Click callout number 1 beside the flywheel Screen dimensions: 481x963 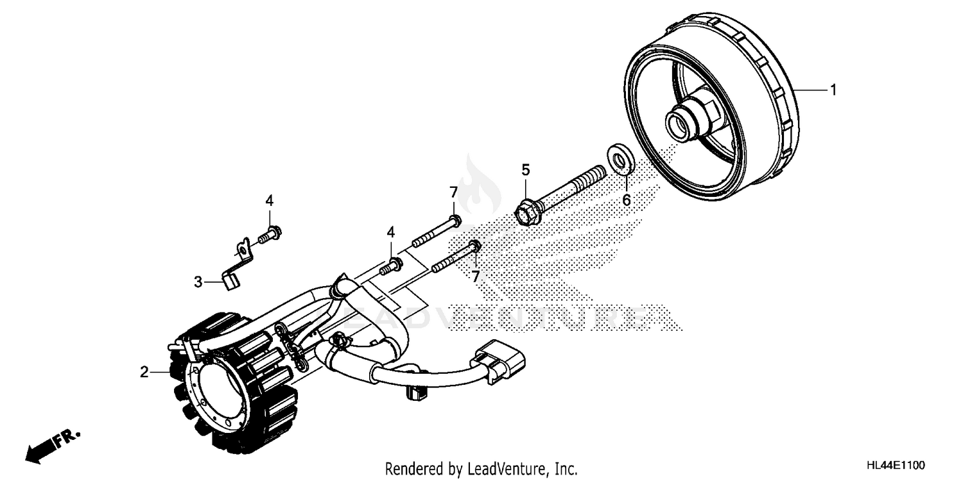point(833,91)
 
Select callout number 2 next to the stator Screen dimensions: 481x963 point(145,371)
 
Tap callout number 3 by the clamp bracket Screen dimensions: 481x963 point(198,282)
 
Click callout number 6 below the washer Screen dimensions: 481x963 point(626,201)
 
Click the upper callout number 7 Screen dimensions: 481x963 point(453,192)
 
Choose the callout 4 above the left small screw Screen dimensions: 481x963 point(270,201)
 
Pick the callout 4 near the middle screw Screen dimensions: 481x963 point(390,232)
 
